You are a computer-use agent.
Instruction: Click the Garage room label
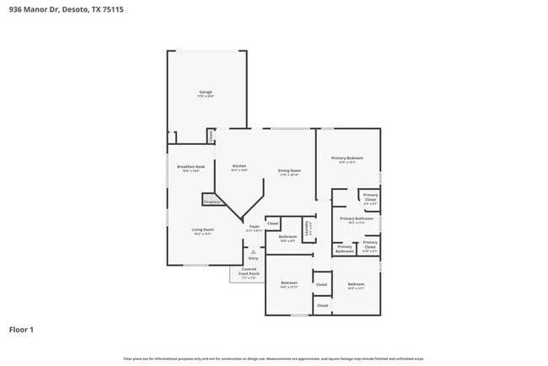click(x=205, y=93)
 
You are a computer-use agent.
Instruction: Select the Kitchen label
click(x=239, y=167)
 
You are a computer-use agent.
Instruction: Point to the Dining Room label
click(x=289, y=172)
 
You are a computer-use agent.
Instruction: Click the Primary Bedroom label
click(x=347, y=159)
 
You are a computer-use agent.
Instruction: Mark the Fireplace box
click(x=212, y=202)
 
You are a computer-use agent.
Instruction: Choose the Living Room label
click(x=202, y=230)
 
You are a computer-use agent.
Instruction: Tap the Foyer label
click(x=254, y=228)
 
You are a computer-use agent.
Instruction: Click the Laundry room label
click(x=309, y=228)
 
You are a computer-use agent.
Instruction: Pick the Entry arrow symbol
click(x=253, y=251)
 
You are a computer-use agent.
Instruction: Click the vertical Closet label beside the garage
click(x=210, y=135)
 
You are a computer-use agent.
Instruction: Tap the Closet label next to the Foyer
click(x=273, y=223)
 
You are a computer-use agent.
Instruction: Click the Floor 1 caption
click(x=21, y=329)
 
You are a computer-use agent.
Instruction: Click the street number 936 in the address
click(x=15, y=8)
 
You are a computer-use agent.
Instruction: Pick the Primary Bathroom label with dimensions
click(x=357, y=220)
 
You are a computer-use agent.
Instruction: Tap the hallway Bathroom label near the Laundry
click(x=287, y=238)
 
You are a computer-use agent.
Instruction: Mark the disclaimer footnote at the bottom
click(x=274, y=358)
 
